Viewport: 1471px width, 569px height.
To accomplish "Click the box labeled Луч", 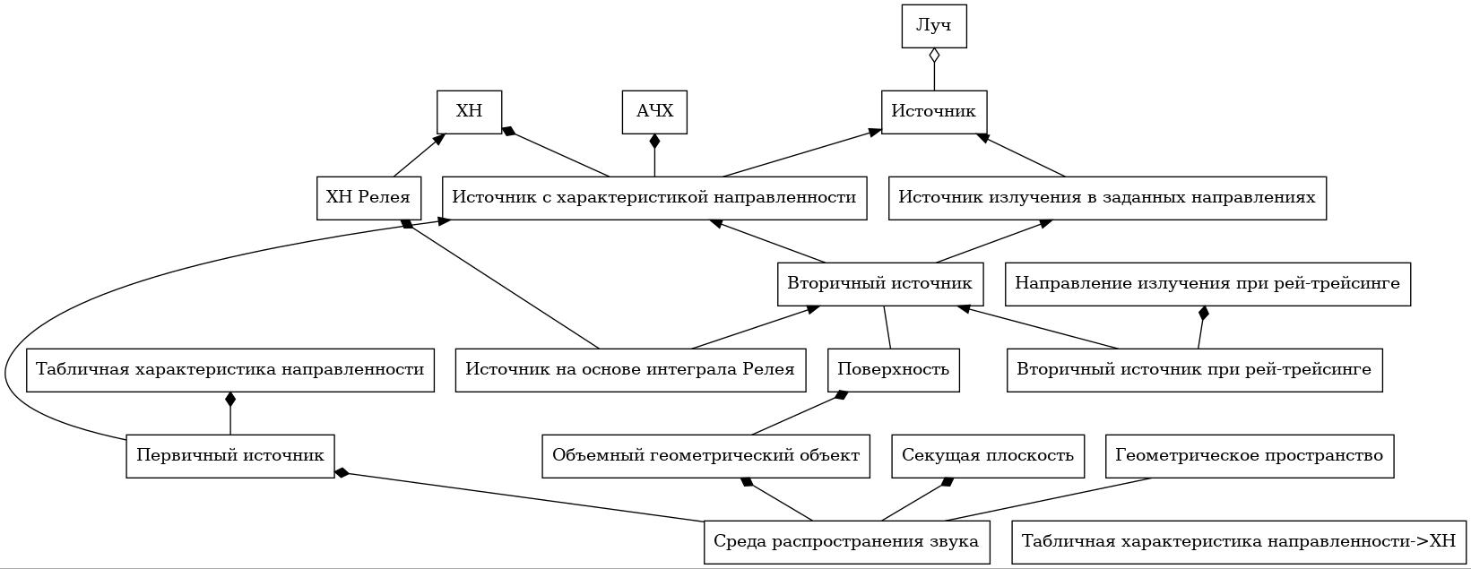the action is tap(934, 26).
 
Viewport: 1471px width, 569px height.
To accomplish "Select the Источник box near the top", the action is tap(934, 112).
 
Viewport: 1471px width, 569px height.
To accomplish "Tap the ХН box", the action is tap(470, 112).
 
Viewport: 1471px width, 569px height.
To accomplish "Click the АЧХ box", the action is tap(654, 112).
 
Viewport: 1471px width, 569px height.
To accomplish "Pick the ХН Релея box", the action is tap(368, 198).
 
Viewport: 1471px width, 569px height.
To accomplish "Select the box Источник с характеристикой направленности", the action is tap(654, 198).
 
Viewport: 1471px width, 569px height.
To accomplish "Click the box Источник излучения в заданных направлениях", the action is tap(1107, 198).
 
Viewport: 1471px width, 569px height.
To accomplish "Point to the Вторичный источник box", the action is tap(880, 284).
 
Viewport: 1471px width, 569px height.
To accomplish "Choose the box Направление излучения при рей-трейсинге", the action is tap(1207, 284).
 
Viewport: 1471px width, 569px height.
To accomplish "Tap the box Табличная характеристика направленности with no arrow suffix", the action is tap(229, 370).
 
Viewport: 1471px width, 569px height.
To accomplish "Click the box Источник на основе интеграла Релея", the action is tap(630, 370).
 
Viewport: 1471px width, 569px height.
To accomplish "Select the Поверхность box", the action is tap(893, 370).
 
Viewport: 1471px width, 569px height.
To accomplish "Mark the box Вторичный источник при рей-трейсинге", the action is tap(1195, 370).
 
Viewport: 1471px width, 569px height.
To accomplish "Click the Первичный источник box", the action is tap(229, 456).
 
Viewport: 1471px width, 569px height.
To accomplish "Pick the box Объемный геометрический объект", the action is tap(706, 456).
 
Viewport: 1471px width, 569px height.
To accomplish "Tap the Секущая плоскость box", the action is tap(988, 456).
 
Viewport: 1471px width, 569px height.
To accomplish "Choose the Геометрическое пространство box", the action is tap(1250, 456).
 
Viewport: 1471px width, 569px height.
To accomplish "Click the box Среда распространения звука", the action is tap(846, 542).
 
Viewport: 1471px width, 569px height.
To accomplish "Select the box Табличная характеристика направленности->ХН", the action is tap(1239, 542).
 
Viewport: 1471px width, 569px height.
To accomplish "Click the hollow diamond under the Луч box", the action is tap(934, 56).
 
